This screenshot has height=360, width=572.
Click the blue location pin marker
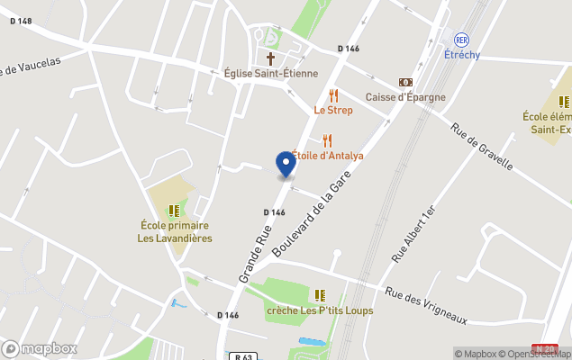(x=285, y=164)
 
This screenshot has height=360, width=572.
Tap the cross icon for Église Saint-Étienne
(x=270, y=58)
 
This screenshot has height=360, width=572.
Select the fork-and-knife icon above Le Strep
(x=333, y=95)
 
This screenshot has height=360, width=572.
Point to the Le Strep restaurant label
(x=333, y=110)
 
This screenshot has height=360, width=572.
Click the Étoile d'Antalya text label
(x=328, y=156)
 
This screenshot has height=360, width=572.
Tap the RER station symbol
(x=462, y=40)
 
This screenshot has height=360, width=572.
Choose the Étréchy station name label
(x=462, y=54)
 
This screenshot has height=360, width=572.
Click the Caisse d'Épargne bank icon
(x=405, y=82)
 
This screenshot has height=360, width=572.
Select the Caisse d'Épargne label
(x=405, y=97)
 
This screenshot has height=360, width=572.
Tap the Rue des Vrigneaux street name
(x=425, y=305)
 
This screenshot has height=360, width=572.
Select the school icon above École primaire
(x=174, y=211)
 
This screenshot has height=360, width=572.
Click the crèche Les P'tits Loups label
(x=319, y=310)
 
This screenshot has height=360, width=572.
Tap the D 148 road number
(x=21, y=21)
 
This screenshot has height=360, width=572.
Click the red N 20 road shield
(x=544, y=348)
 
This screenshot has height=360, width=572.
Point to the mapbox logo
(x=40, y=348)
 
